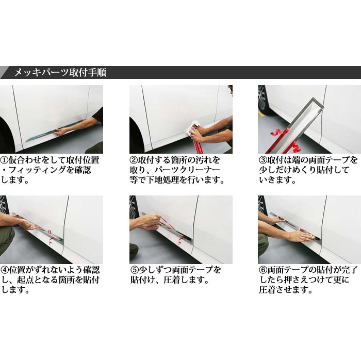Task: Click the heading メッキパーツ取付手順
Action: pyautogui.click(x=60, y=73)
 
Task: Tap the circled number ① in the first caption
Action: pyautogui.click(x=4, y=160)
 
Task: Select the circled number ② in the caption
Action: pyautogui.click(x=134, y=160)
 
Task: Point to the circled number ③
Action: pyautogui.click(x=263, y=160)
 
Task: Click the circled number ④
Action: pyautogui.click(x=5, y=270)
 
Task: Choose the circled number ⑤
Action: pyautogui.click(x=134, y=270)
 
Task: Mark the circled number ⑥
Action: pyautogui.click(x=263, y=270)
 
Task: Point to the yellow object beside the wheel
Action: pyautogui.click(x=264, y=113)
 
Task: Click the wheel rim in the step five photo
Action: pyautogui.click(x=133, y=208)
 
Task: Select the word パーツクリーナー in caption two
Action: pyautogui.click(x=187, y=170)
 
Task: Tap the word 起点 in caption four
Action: pyautogui.click(x=26, y=280)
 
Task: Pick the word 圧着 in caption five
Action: pyautogui.click(x=172, y=280)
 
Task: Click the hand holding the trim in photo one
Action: pyautogui.click(x=60, y=132)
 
